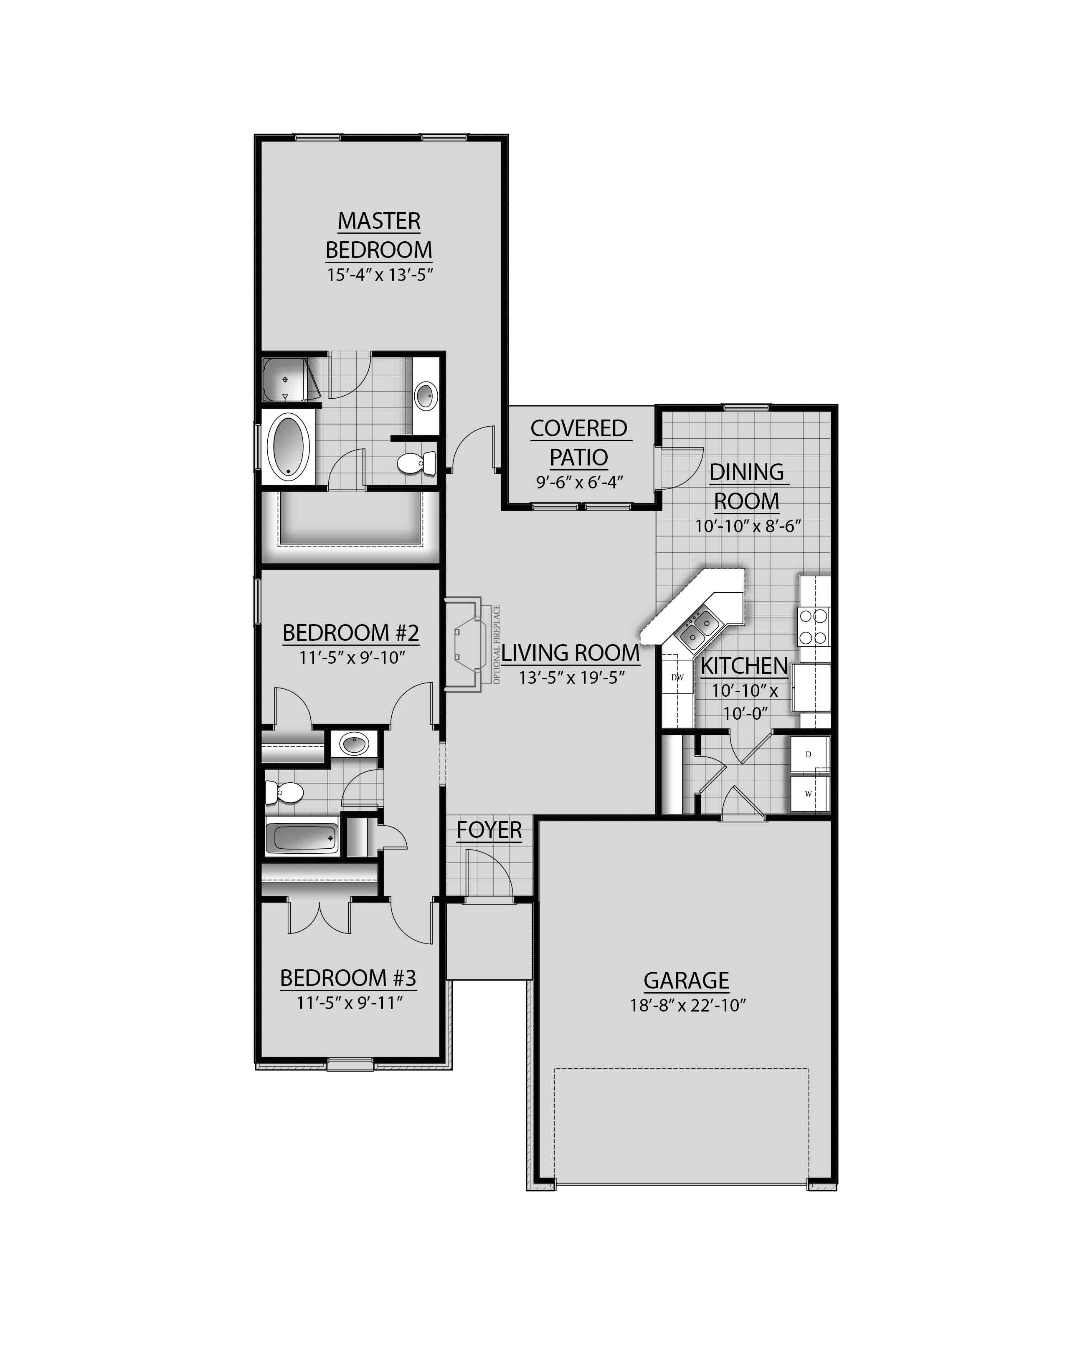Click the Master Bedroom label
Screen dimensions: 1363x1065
[x=379, y=235]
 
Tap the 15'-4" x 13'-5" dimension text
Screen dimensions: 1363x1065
[x=380, y=275]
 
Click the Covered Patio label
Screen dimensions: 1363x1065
[x=579, y=443]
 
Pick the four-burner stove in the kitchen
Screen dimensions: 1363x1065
[x=814, y=627]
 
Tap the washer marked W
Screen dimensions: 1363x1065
[x=809, y=794]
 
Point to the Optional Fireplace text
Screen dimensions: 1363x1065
[x=497, y=644]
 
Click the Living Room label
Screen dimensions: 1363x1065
[x=570, y=653]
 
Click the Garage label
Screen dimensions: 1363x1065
[x=686, y=981]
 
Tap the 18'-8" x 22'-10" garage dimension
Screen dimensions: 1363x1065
[x=688, y=1005]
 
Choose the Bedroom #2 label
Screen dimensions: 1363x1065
[x=350, y=633]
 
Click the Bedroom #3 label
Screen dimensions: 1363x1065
[x=348, y=978]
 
